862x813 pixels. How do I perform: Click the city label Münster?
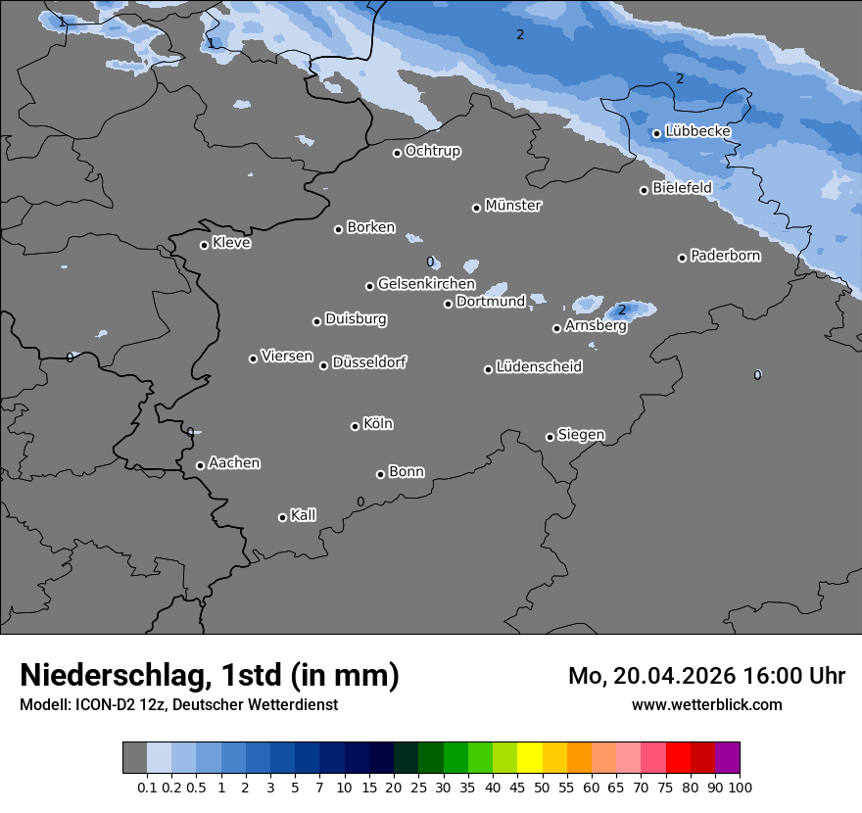[x=513, y=206]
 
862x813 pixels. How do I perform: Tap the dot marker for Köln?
[x=356, y=426]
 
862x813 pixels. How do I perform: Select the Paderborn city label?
[x=725, y=257]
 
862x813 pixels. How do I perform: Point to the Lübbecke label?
[x=697, y=131]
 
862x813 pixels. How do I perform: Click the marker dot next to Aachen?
[x=201, y=465]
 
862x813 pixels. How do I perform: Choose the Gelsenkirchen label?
[x=426, y=284]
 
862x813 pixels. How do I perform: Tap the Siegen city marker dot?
[x=550, y=437]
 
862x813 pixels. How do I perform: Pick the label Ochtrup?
[x=433, y=151]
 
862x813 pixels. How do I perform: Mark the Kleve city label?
[x=231, y=243]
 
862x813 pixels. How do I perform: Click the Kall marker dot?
[x=282, y=517]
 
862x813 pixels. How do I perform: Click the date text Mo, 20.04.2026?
[x=652, y=676]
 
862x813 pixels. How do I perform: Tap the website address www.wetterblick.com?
[x=707, y=705]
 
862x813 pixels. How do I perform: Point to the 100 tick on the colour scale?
[x=740, y=788]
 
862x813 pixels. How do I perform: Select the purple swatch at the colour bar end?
[x=727, y=758]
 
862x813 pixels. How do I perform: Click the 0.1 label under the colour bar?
[x=147, y=788]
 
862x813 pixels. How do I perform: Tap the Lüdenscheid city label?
[x=539, y=367]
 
